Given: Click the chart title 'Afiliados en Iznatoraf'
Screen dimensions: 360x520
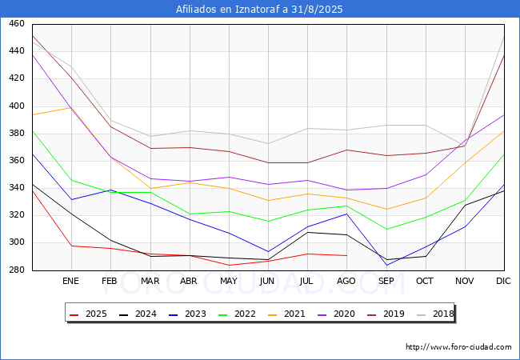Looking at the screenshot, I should coord(259,9).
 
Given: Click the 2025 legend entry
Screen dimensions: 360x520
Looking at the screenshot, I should coord(88,314).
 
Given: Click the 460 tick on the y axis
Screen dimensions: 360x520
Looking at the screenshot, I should coord(15,24).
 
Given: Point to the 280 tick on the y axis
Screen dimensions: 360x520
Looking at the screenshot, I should coord(15,270).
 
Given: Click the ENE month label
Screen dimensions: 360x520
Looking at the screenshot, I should coord(70,282).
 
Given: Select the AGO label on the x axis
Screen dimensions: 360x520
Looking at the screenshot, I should coord(346,282).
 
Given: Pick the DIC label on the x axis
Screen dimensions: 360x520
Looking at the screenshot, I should coord(503,282).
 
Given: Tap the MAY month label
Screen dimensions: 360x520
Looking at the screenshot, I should coord(228,282).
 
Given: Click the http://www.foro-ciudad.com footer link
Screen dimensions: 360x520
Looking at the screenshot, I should coord(458,347).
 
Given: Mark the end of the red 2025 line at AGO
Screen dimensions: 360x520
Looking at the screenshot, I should coord(346,255).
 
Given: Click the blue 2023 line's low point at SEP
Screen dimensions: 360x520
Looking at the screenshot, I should coord(386,265).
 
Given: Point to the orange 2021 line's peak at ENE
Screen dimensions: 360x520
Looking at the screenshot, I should coord(70,107).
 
